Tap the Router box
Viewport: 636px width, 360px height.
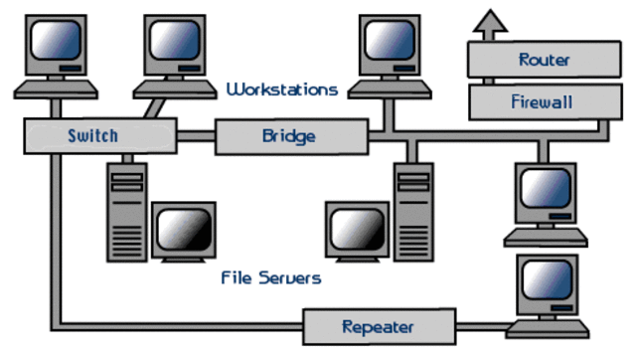point(544,61)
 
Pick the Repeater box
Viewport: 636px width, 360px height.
point(377,326)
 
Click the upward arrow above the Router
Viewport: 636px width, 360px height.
point(488,23)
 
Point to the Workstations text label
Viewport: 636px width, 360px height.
point(282,90)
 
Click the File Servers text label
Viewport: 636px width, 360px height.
point(270,278)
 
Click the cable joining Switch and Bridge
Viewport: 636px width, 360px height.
point(197,135)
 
